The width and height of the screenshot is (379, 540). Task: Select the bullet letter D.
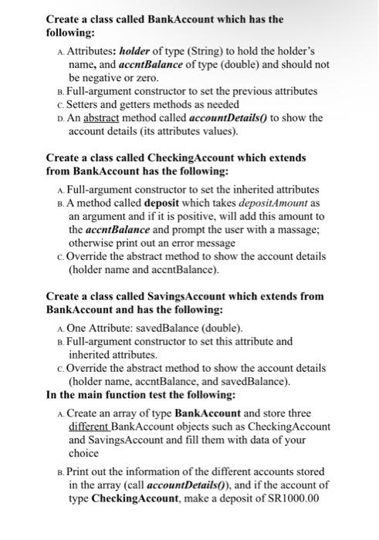[x=61, y=118]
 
